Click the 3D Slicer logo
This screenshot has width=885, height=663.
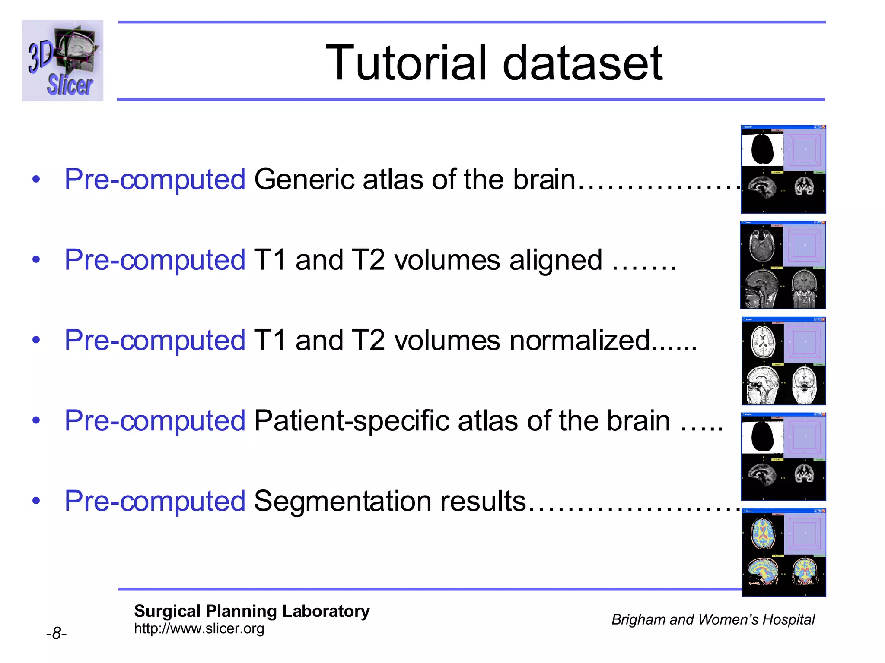point(63,61)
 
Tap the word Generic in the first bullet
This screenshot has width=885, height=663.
point(304,179)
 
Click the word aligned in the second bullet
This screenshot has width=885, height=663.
point(556,260)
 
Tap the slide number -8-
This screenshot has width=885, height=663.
point(56,633)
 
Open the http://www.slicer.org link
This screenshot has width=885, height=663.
point(199,628)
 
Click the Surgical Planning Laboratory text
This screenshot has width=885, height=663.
point(251,611)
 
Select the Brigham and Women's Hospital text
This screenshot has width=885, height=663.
point(713,619)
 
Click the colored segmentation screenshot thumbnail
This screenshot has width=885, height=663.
point(783,553)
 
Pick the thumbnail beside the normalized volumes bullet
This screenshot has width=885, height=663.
point(783,361)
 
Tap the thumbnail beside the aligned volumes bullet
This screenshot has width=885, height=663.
point(783,265)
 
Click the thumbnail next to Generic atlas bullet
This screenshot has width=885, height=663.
point(783,169)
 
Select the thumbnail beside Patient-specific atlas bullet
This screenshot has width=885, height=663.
point(783,457)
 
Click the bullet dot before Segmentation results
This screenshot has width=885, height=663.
point(36,501)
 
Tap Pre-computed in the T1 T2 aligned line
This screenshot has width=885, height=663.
point(155,260)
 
